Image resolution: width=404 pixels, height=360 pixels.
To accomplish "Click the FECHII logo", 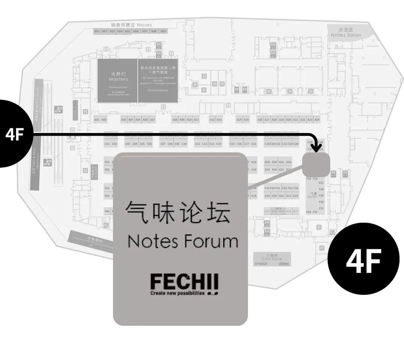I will (x=184, y=284).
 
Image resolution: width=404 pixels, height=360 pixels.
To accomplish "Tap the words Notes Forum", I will (x=183, y=241).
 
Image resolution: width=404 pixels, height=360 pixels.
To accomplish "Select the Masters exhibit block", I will (x=118, y=80).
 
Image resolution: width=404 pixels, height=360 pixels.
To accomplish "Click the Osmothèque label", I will (x=158, y=90).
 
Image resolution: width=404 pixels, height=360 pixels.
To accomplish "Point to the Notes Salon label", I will (x=346, y=35).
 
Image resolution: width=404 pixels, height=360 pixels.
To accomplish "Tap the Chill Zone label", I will (x=272, y=259).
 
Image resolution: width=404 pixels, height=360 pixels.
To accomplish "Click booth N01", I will (x=97, y=31).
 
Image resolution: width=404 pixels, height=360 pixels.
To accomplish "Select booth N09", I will (x=163, y=31).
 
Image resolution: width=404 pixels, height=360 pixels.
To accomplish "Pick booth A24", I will (x=317, y=120).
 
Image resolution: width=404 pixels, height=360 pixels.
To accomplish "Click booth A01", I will (x=97, y=120).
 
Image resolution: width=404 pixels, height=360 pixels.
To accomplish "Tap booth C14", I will (x=219, y=144).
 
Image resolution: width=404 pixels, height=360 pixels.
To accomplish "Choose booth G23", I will (x=296, y=196).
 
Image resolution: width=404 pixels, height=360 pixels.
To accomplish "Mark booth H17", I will (x=296, y=211).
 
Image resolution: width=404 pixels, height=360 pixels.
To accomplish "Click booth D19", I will (x=267, y=162).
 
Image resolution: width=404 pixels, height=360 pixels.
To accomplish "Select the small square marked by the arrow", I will (x=316, y=164).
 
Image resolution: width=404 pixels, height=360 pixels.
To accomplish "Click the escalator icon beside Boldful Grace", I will (x=58, y=110).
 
